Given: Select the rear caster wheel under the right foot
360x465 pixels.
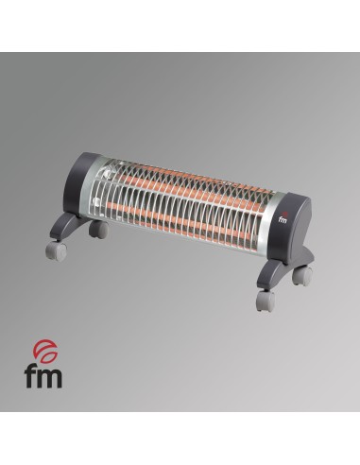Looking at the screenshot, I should [301, 276].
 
